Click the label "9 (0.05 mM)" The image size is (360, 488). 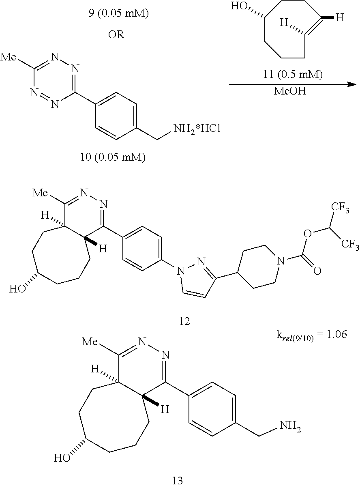pyautogui.click(x=118, y=14)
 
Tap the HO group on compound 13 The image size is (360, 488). pyautogui.click(x=62, y=459)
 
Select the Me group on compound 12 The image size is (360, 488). pyautogui.click(x=41, y=193)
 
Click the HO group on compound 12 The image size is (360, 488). pyautogui.click(x=17, y=289)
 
